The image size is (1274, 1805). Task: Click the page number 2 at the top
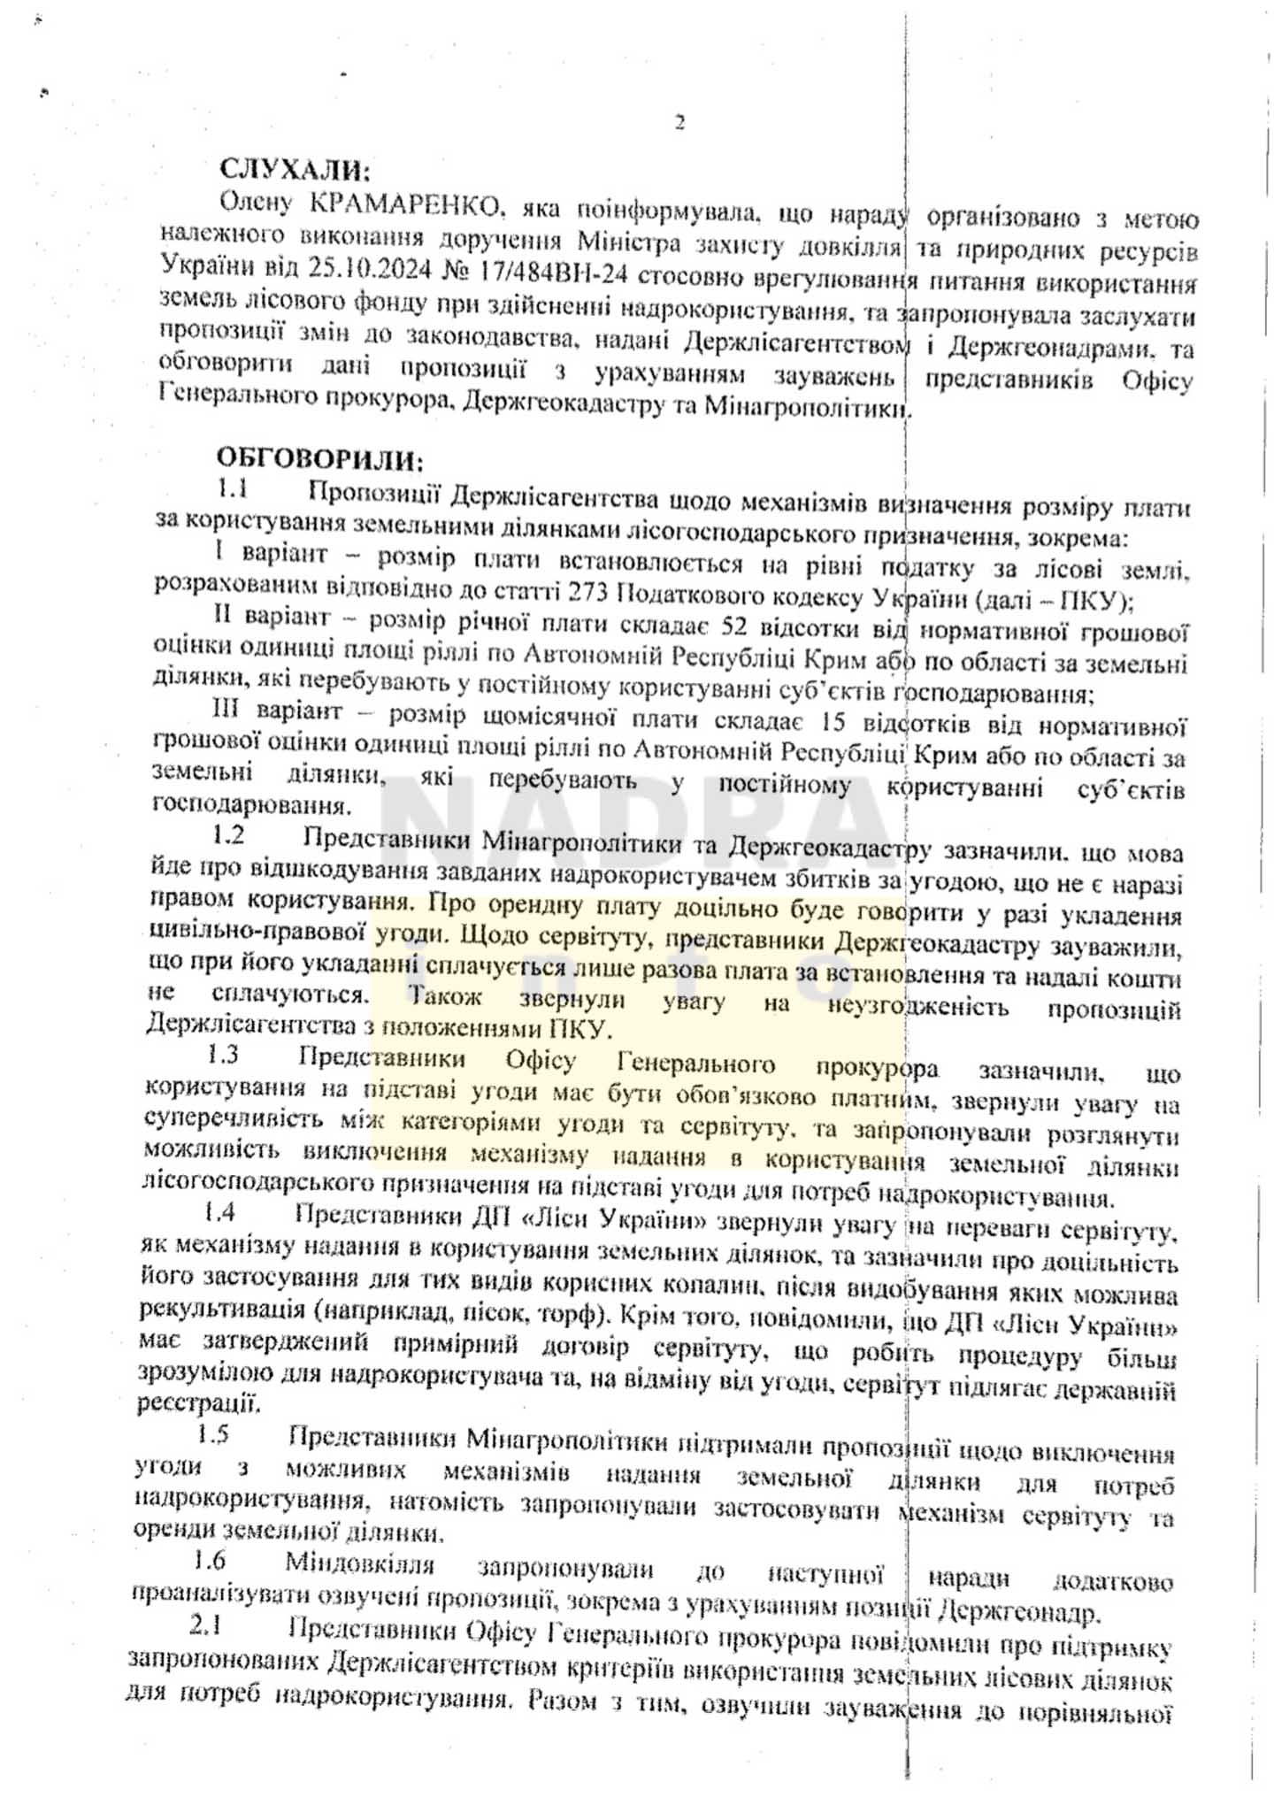coord(679,124)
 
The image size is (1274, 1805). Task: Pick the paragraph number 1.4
coord(219,1212)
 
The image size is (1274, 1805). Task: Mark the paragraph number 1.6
coord(210,1560)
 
